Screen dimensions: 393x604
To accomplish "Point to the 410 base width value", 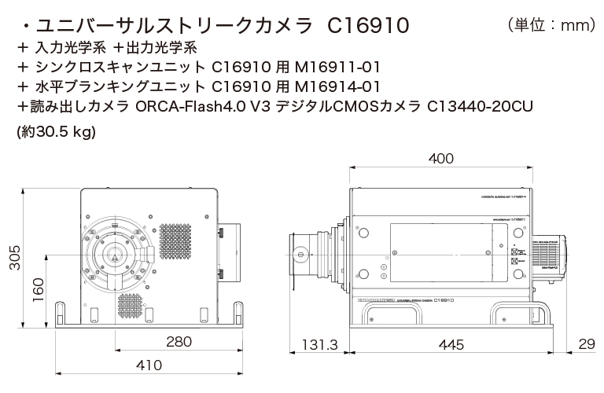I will (149, 365).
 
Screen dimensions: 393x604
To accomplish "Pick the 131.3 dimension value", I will (320, 346).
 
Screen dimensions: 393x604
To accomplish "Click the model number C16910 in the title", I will (367, 26).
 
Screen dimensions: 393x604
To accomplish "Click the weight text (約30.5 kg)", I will (56, 132).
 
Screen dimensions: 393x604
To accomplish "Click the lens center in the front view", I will (116, 254).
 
